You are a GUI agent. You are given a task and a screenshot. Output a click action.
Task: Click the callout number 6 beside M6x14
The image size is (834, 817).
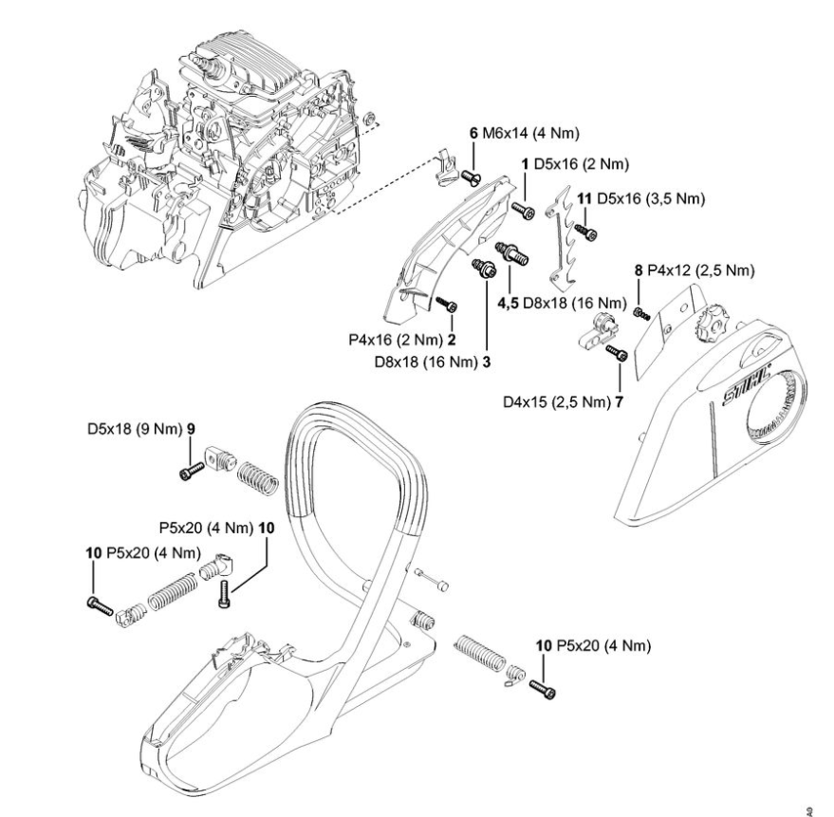pyautogui.click(x=473, y=134)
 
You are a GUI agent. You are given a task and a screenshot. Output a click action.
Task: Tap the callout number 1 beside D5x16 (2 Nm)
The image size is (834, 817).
pyautogui.click(x=525, y=165)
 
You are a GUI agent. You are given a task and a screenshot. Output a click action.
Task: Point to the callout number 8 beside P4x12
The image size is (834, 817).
pyautogui.click(x=639, y=270)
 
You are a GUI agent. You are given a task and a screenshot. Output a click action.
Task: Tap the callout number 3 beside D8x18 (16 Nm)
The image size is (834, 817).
pyautogui.click(x=487, y=361)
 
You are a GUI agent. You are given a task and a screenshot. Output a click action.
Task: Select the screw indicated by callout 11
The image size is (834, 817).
pyautogui.click(x=589, y=231)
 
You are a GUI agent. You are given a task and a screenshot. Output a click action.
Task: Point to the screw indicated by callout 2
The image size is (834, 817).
pyautogui.click(x=449, y=305)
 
